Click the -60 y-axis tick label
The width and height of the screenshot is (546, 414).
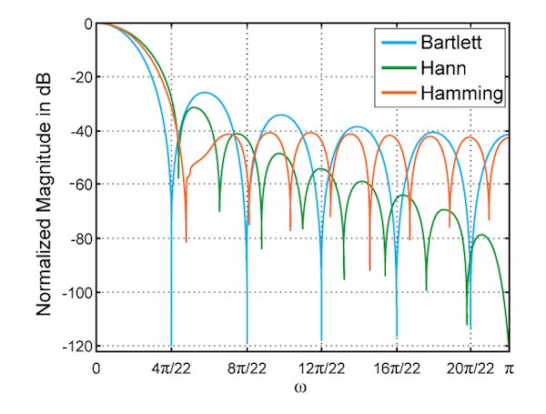[80, 185]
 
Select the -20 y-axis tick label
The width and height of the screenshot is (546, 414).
[80, 77]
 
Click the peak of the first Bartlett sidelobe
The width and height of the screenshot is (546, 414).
[206, 93]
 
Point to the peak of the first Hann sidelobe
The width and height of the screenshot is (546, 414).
[194, 107]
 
